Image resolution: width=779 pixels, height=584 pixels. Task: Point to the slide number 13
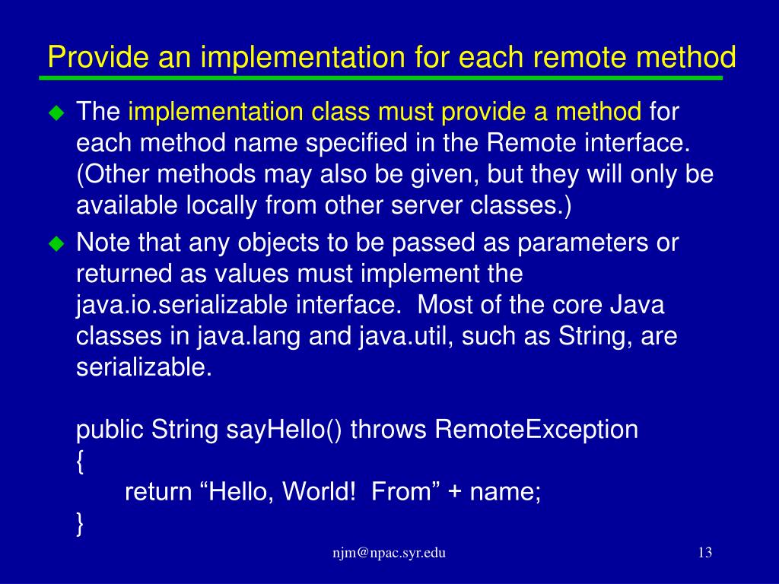coord(704,553)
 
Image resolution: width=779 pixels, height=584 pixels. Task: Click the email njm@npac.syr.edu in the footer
coord(389,554)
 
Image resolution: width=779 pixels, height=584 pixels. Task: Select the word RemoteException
coord(536,430)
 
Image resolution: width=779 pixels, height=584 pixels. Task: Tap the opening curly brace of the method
coord(81,462)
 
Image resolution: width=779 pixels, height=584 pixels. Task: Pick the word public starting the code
coord(111,430)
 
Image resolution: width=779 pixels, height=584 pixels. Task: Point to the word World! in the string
coord(319,492)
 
